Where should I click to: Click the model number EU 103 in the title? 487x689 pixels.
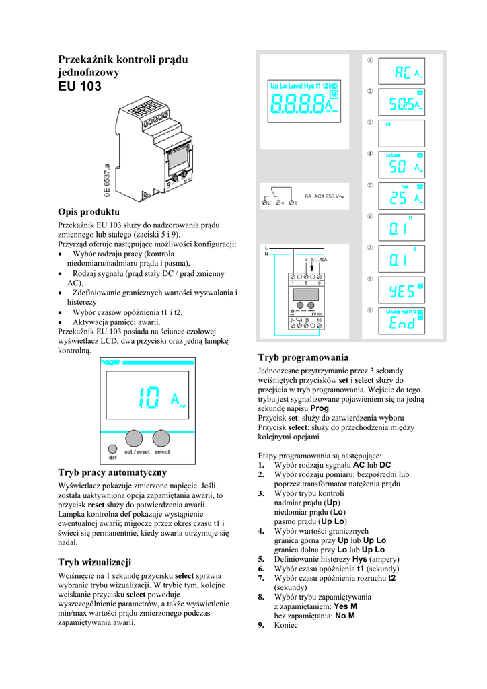pyautogui.click(x=80, y=86)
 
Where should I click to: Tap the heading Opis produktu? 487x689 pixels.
pyautogui.click(x=89, y=212)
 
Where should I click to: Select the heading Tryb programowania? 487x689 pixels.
pyautogui.click(x=303, y=357)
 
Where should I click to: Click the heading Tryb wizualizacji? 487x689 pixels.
pyautogui.click(x=94, y=562)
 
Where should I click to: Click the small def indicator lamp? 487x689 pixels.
pyautogui.click(x=112, y=447)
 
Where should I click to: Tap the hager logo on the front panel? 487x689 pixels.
pyautogui.click(x=111, y=362)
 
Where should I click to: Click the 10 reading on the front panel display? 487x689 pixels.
pyautogui.click(x=149, y=398)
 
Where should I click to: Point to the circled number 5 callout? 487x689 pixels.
pyautogui.click(x=369, y=185)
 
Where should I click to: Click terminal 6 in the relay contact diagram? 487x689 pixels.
pyautogui.click(x=291, y=203)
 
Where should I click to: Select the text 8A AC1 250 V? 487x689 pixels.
pyautogui.click(x=324, y=196)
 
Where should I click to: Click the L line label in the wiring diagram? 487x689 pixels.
pyautogui.click(x=266, y=247)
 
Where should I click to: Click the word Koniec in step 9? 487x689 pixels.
pyautogui.click(x=288, y=625)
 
